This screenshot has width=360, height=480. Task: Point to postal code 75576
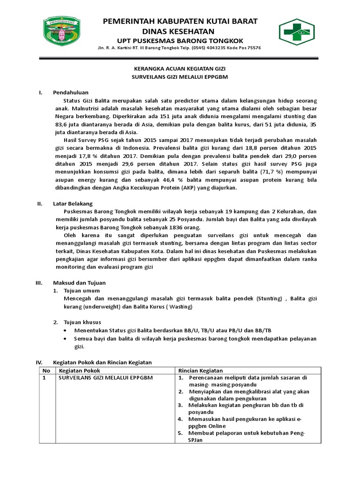coord(253,48)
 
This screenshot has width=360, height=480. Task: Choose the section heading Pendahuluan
coord(71,92)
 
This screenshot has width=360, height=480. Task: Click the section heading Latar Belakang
coord(73,203)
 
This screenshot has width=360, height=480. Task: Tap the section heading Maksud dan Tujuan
coord(79,283)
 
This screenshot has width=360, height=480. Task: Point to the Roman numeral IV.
coord(39,362)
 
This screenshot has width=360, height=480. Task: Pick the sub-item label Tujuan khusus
coord(82,322)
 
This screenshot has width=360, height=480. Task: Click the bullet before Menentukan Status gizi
coord(65,330)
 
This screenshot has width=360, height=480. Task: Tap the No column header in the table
coord(46,370)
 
